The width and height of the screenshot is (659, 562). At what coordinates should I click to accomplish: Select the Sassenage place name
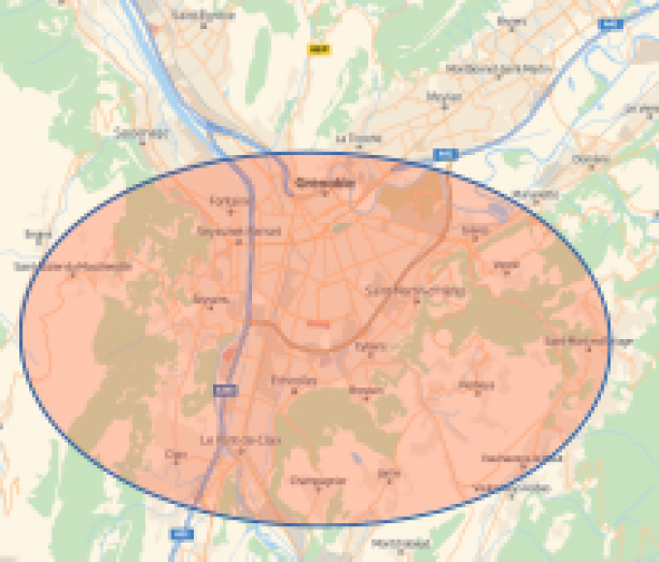click(x=141, y=132)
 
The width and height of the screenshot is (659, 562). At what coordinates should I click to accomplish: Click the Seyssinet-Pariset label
click(x=225, y=233)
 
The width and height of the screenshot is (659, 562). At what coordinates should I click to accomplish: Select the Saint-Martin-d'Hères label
click(x=416, y=290)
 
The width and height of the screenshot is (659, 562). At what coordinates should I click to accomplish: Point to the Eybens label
click(x=370, y=346)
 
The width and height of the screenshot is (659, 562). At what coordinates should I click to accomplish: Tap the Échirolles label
click(x=294, y=380)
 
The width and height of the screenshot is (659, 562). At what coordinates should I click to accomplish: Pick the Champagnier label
click(x=319, y=480)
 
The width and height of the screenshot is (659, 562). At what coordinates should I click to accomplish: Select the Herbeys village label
click(x=476, y=385)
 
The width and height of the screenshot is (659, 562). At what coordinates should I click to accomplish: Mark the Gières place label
click(x=476, y=231)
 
